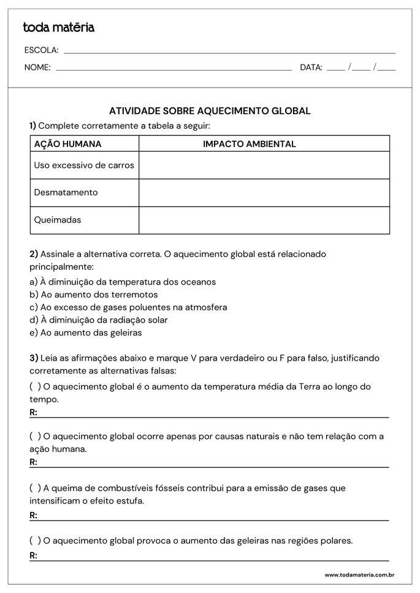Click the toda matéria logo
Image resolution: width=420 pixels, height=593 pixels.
coord(58,28)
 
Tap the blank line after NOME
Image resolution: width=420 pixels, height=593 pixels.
coord(174,69)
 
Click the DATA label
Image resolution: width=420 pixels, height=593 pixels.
coord(311,67)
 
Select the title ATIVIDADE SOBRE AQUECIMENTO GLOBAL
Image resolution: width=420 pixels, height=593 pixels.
coord(210,111)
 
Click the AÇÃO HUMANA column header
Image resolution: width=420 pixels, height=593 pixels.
coord(68,144)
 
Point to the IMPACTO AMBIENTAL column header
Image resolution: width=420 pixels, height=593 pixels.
coord(249,144)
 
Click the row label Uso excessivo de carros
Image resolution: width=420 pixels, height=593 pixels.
coord(84,165)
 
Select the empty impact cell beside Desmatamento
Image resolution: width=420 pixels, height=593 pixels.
coord(264,193)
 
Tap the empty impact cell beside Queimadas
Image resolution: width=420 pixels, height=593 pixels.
coord(264,220)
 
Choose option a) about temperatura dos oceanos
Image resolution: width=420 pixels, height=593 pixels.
coord(123,282)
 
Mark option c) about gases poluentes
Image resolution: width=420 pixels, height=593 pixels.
coord(128,307)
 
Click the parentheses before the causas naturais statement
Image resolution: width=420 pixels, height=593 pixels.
coord(35,436)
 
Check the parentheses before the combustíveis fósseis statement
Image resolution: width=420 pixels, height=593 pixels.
coord(35,488)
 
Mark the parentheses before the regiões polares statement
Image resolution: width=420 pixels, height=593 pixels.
coord(35,540)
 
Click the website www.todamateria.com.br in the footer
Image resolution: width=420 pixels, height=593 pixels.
coord(359,575)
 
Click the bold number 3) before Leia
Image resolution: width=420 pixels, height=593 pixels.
coord(34,358)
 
